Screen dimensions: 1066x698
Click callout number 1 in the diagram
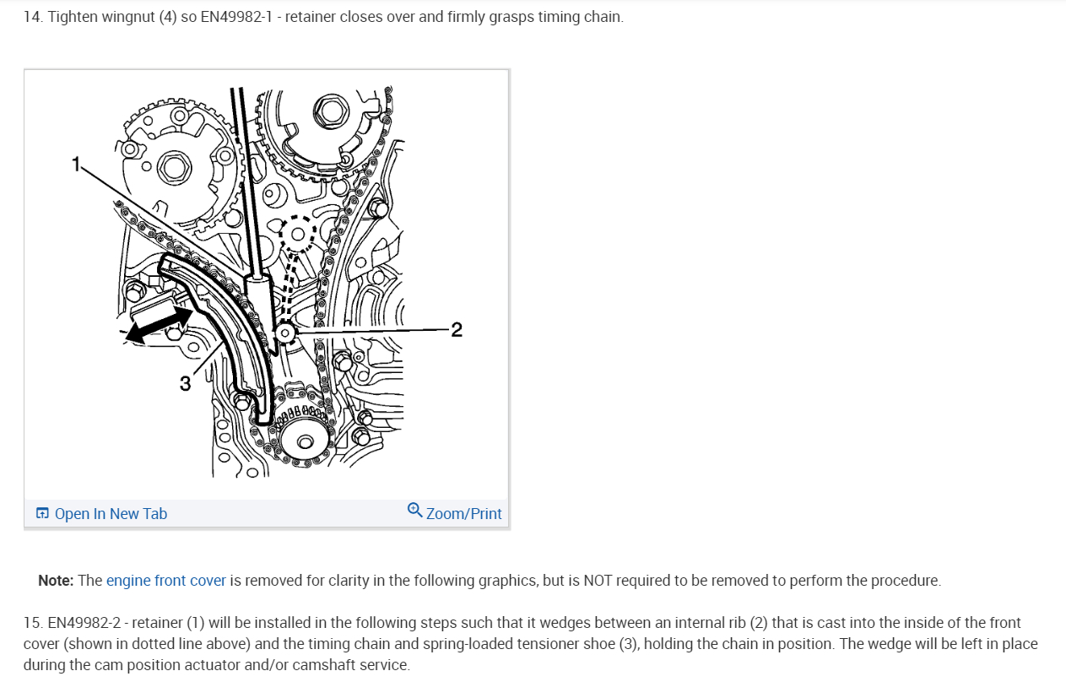(x=76, y=164)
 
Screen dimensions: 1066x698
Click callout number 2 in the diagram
(x=457, y=330)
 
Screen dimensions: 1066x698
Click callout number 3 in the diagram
(x=185, y=383)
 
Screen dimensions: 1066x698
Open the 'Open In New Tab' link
(x=111, y=514)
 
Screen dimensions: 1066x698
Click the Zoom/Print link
(x=463, y=514)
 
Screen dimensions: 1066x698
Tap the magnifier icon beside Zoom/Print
(x=414, y=510)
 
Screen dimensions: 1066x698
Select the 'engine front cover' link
(x=166, y=581)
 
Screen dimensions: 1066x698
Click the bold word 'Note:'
(x=56, y=581)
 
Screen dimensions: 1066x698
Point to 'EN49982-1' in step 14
(x=236, y=17)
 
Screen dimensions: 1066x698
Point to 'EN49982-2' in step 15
(x=84, y=623)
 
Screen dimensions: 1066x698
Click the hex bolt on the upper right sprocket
(x=331, y=112)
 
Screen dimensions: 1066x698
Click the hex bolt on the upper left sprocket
(x=174, y=169)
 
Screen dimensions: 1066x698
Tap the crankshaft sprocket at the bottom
(x=306, y=438)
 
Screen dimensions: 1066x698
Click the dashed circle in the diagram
(x=297, y=234)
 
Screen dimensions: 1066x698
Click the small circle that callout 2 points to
(x=285, y=333)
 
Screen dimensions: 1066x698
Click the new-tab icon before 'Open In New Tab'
(x=42, y=513)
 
